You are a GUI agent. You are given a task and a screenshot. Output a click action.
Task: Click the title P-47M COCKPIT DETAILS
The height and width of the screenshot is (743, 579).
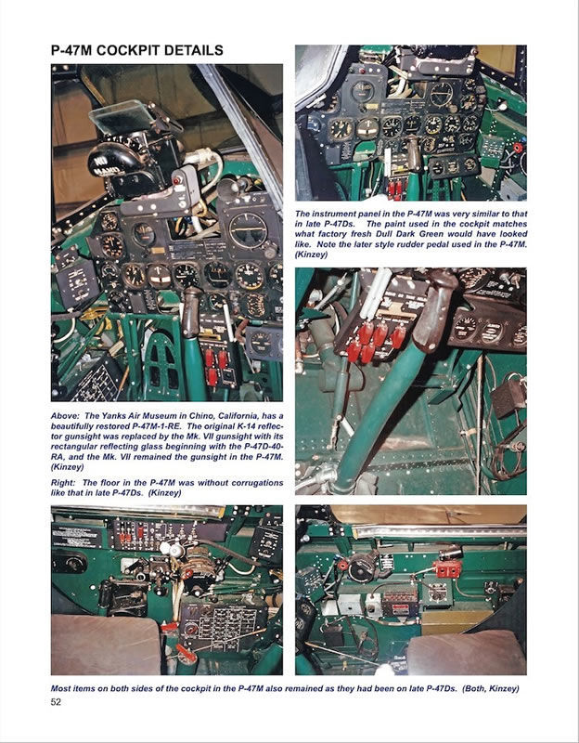(x=136, y=50)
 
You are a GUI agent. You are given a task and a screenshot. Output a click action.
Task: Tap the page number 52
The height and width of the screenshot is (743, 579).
(x=56, y=702)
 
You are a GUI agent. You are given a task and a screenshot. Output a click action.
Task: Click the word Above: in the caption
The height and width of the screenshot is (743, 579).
(x=65, y=415)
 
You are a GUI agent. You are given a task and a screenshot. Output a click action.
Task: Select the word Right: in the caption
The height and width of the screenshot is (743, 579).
(x=63, y=483)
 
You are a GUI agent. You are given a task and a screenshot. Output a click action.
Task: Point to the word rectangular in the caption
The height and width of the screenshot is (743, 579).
(x=74, y=447)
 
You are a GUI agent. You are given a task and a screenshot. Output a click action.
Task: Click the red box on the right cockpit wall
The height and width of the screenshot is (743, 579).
(x=448, y=568)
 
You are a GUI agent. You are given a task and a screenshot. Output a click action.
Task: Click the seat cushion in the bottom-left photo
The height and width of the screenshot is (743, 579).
(x=105, y=644)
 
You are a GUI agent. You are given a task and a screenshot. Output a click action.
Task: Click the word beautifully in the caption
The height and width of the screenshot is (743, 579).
(x=74, y=426)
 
